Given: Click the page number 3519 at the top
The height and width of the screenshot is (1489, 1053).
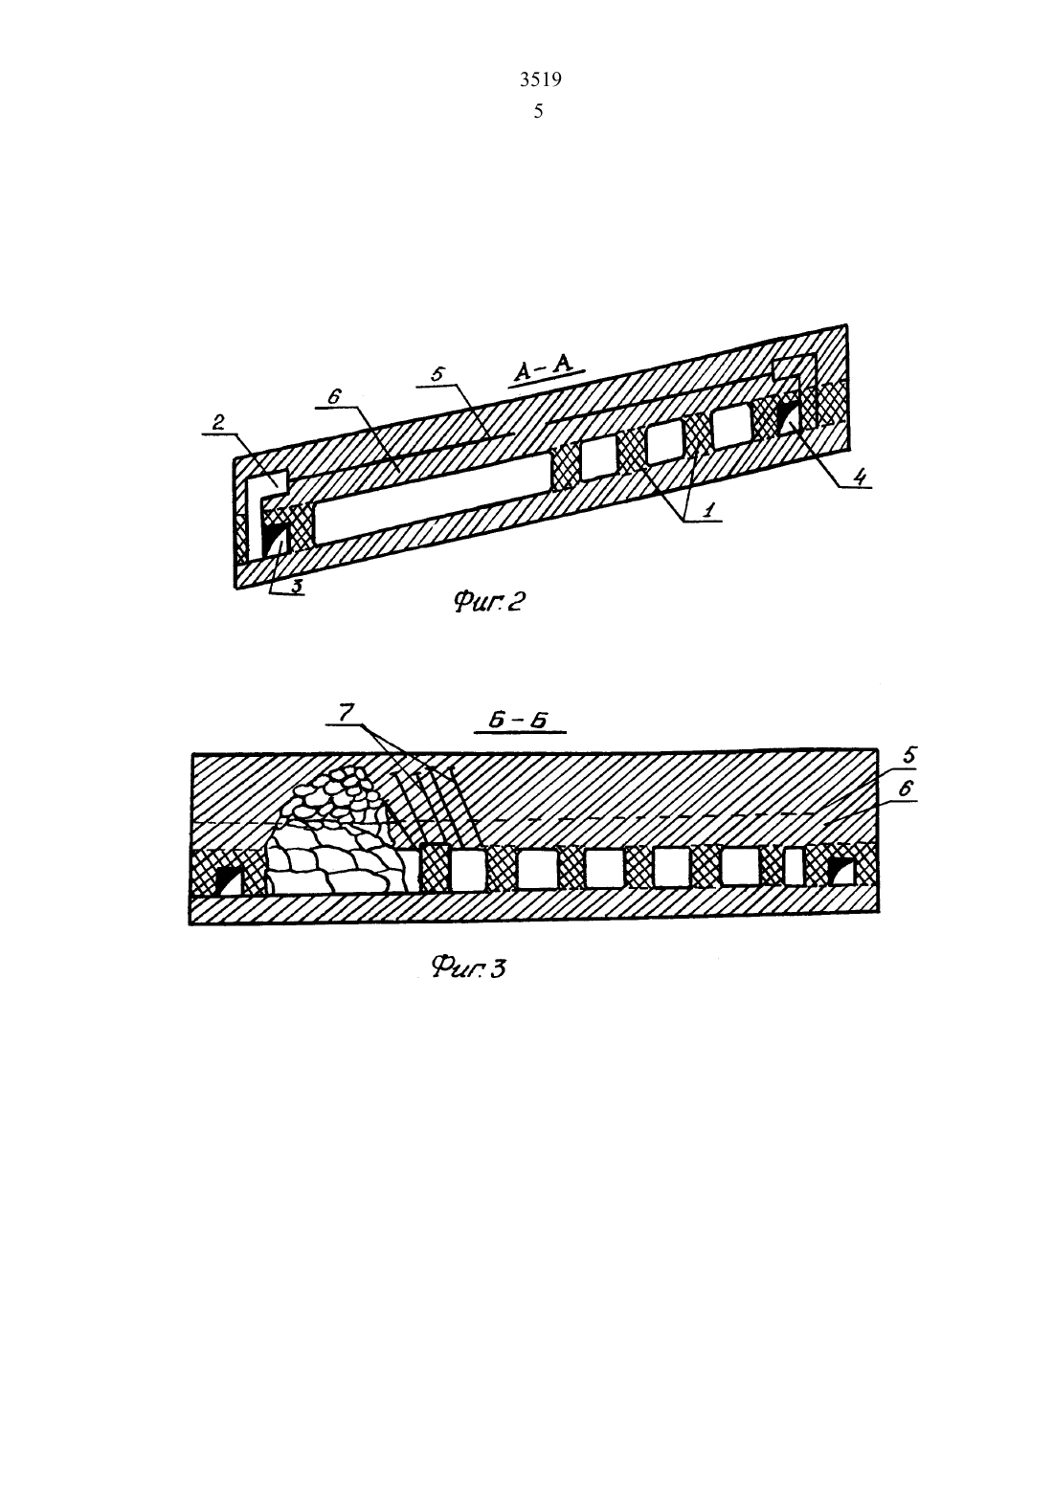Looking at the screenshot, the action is pyautogui.click(x=540, y=79).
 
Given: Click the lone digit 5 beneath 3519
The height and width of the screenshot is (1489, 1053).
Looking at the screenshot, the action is pyautogui.click(x=538, y=112).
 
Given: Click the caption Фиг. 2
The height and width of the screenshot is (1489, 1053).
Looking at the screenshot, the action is pyautogui.click(x=488, y=602).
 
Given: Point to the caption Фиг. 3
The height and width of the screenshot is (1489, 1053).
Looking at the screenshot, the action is pyautogui.click(x=468, y=967).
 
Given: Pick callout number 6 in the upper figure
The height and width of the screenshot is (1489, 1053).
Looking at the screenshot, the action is pyautogui.click(x=334, y=396).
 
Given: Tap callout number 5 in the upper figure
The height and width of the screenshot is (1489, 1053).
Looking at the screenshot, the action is pyautogui.click(x=437, y=373).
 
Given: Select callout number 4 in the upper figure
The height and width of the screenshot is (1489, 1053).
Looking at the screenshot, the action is pyautogui.click(x=861, y=477).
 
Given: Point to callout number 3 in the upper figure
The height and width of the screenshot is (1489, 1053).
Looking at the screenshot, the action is pyautogui.click(x=297, y=586).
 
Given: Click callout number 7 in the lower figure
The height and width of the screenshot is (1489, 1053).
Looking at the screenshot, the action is pyautogui.click(x=345, y=713).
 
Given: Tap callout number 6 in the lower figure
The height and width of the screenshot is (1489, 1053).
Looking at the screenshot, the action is pyautogui.click(x=905, y=789).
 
